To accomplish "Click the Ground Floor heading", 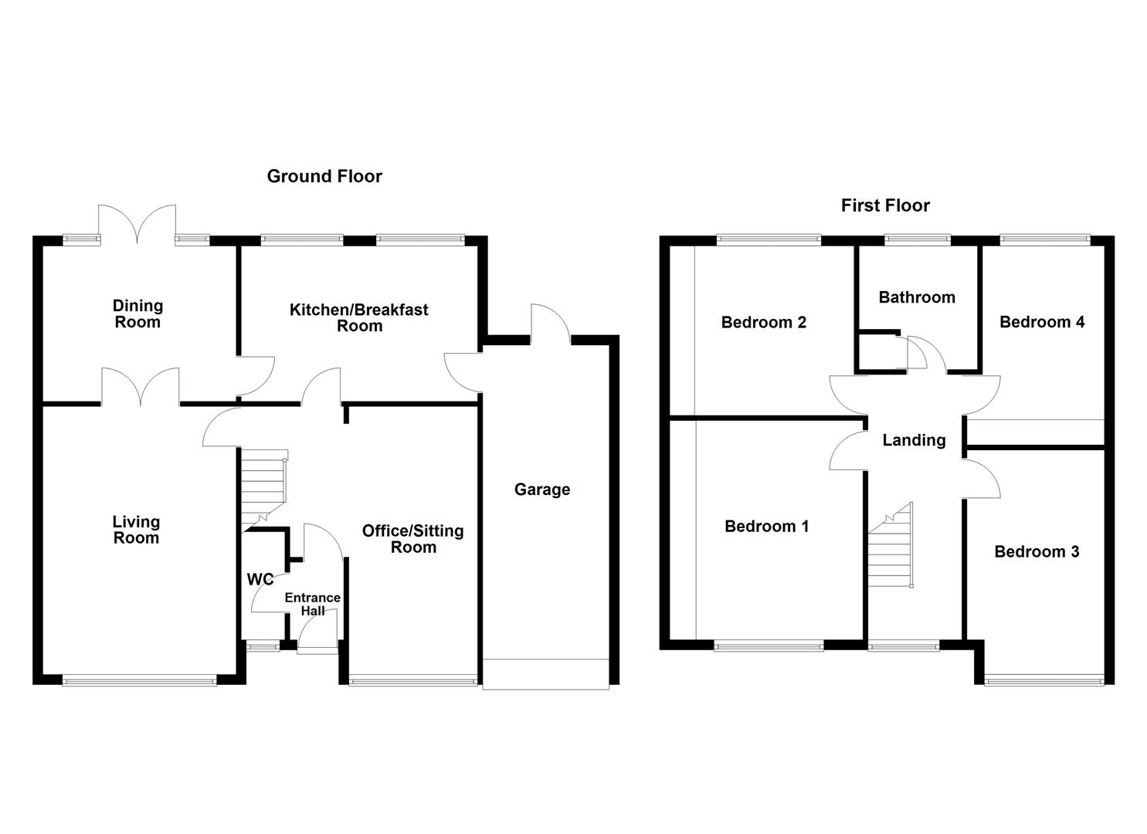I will point(324,176).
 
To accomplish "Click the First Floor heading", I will point(885,205).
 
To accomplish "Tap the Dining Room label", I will point(137,314).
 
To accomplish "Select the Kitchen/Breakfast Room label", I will point(358,317).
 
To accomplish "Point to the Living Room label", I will point(136,531).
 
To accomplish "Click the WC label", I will point(260,579).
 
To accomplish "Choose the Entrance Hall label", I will point(312,604).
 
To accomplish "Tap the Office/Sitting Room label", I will point(413,539).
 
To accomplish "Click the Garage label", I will point(542,490).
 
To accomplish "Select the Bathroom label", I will point(917,297).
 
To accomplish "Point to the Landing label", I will point(914,440).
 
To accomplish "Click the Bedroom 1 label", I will point(766,527).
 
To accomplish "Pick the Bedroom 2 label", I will point(763,322).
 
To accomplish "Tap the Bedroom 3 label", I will point(1037,551).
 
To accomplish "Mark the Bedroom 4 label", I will point(1042,322).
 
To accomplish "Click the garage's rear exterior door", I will point(550,324).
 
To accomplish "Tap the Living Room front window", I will point(140,680).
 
